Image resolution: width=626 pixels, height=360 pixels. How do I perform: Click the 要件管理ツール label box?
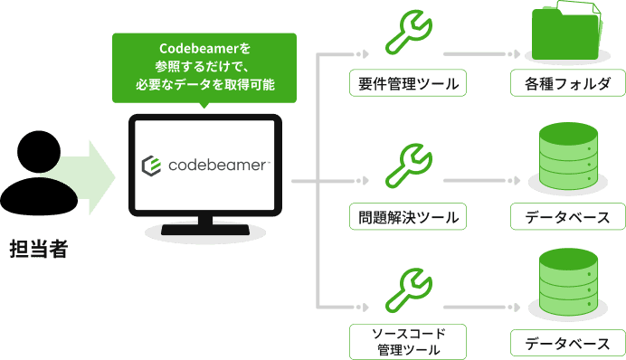pos(407,85)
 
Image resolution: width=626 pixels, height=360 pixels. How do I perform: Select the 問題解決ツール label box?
pos(407,217)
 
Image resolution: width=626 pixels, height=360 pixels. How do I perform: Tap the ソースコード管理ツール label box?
pos(407,342)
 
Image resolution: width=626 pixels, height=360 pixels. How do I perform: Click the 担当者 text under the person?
pos(39,250)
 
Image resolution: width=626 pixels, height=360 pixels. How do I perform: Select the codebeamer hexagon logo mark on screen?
pos(152,166)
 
